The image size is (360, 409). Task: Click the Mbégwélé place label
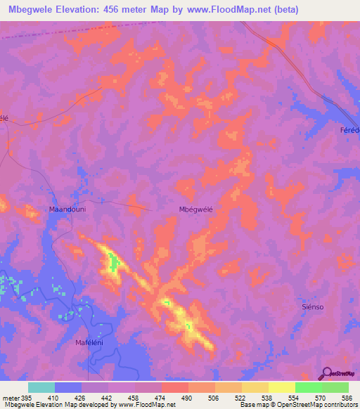click(195, 209)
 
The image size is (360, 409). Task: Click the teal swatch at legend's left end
click(41, 387)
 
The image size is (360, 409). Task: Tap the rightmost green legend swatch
click(335, 387)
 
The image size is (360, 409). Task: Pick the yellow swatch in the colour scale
click(282, 387)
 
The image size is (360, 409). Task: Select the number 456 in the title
click(113, 10)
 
